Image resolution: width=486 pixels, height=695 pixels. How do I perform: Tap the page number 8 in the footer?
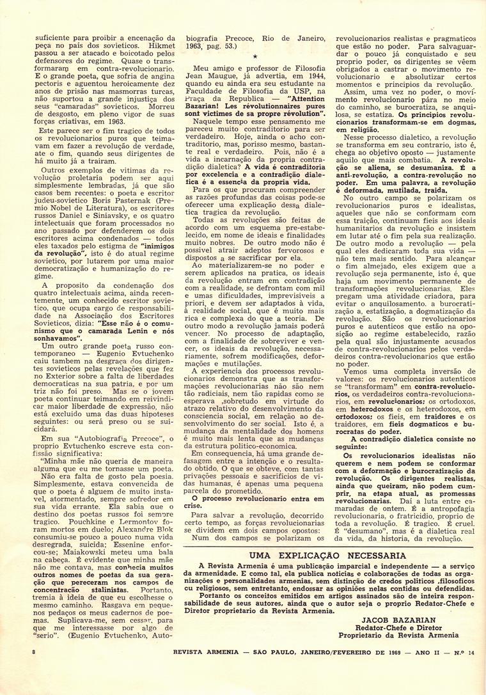[33, 669]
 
